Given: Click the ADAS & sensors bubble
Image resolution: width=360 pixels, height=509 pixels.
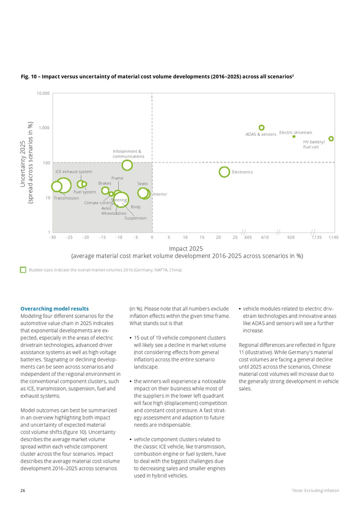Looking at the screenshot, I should [x=261, y=128].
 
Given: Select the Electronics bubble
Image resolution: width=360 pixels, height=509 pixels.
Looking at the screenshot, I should [x=224, y=172].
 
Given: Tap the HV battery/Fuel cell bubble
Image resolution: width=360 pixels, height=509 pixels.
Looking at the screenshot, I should [x=331, y=139].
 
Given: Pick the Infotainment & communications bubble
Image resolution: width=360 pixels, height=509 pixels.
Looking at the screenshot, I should [x=127, y=165].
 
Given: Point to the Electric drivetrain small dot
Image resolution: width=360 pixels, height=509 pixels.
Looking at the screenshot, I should [x=294, y=136].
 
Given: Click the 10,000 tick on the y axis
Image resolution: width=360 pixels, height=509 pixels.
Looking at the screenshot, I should [x=43, y=94].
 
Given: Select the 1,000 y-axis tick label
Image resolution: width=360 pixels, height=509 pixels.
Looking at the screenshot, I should [x=44, y=128].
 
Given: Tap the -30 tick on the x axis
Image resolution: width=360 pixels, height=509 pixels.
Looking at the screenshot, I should [x=52, y=237].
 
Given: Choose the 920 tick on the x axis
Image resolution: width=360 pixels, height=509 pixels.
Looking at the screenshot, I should [x=291, y=237].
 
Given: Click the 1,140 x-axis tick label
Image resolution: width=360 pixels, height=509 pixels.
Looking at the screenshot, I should [x=333, y=237].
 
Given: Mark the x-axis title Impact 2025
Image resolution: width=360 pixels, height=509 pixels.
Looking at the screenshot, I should [x=186, y=248].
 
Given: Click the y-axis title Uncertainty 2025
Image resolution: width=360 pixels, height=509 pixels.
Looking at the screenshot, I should [x=23, y=162].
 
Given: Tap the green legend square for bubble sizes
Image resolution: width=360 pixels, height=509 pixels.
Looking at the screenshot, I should [x=23, y=269].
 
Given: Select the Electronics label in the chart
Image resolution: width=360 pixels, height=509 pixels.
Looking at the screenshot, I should [x=242, y=172].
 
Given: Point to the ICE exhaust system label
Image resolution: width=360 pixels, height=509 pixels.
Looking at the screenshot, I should [x=74, y=172].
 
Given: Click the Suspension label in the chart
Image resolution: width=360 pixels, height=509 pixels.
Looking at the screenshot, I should [x=135, y=218].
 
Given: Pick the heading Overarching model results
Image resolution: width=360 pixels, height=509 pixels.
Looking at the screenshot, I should [x=55, y=308].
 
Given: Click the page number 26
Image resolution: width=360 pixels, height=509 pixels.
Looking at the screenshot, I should [x=23, y=490].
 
